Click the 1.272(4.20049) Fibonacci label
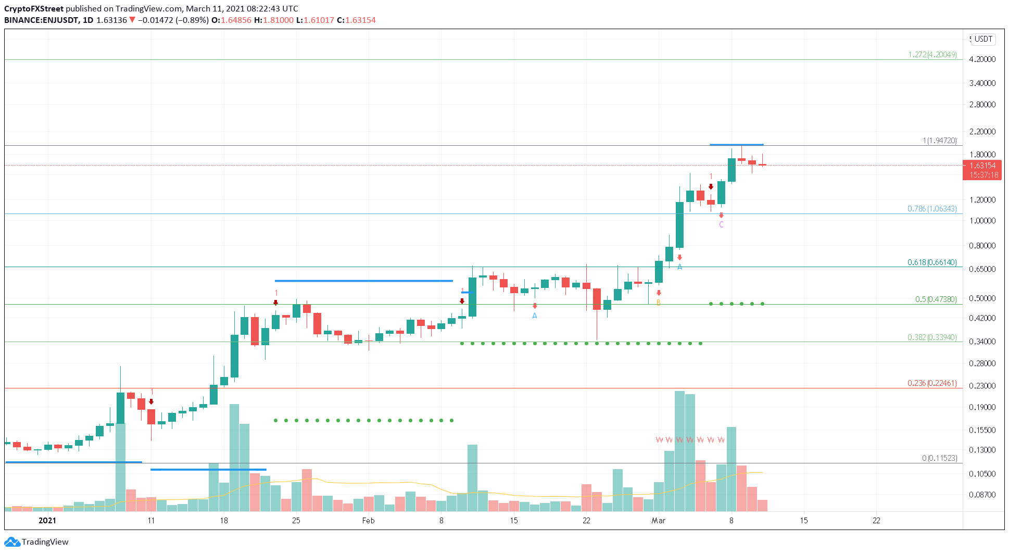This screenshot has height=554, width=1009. tap(932, 55)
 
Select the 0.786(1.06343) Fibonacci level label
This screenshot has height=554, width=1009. tap(932, 209)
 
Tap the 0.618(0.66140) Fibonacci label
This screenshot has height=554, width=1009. tap(932, 262)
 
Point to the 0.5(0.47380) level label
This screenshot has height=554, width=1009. tap(936, 299)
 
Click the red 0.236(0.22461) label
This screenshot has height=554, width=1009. tap(932, 383)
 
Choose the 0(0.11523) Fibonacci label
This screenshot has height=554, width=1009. tap(939, 458)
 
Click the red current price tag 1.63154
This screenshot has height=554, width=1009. tap(982, 166)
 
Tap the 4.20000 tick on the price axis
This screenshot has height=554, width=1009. tap(982, 59)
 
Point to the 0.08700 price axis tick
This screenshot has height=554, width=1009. tap(982, 495)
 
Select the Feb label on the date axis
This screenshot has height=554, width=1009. tap(368, 521)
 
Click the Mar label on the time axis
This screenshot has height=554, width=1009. tap(658, 521)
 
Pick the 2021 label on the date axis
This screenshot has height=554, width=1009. tap(47, 521)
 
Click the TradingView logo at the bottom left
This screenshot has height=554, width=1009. tap(36, 542)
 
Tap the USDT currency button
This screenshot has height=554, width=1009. tap(983, 39)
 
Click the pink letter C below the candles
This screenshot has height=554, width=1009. tap(721, 225)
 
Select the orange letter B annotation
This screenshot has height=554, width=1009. tap(659, 303)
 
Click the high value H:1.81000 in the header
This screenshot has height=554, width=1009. tap(274, 20)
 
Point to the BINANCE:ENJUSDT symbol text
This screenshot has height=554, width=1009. tap(41, 20)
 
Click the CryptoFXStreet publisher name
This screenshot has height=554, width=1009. tap(34, 9)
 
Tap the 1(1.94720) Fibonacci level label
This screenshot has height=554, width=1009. tap(939, 141)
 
